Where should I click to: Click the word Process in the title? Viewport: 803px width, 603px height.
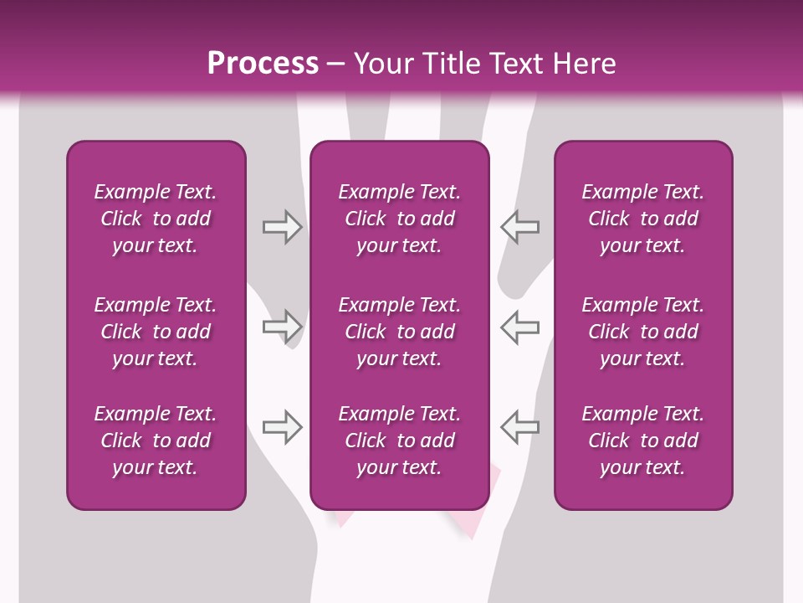point(263,64)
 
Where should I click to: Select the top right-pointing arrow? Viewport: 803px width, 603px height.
point(282,227)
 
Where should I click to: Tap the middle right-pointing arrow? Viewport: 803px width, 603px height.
point(282,327)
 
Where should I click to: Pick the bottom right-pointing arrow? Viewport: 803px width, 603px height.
point(282,427)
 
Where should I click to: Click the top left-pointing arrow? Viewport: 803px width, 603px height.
point(519,227)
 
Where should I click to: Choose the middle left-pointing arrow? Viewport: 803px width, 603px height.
point(519,327)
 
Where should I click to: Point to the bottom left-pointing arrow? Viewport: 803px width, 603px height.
point(519,427)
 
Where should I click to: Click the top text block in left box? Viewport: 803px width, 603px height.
point(156,219)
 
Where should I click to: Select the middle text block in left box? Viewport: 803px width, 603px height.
point(156,332)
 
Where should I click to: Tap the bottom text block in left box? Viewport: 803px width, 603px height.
point(156,441)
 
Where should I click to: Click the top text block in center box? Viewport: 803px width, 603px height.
point(399,219)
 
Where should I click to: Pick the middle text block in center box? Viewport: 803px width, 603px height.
point(399,332)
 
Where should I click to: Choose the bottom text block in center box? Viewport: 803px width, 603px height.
point(399,441)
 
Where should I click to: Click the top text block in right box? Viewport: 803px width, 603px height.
point(643,219)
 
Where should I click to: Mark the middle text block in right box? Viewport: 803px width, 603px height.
point(643,332)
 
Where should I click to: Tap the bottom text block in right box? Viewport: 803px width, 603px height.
point(643,441)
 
